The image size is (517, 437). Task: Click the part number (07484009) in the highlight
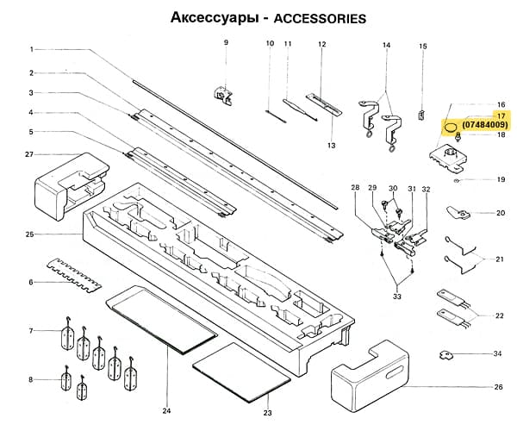[x=485, y=126]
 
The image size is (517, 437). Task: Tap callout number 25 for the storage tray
[x=29, y=234]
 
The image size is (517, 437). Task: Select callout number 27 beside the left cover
[x=28, y=155]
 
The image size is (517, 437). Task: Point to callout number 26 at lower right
[x=498, y=387]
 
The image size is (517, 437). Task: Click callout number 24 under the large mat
[x=166, y=410]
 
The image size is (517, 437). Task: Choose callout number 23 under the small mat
[x=267, y=415]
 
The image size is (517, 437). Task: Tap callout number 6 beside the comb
[x=30, y=282]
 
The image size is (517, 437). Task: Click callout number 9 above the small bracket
[x=226, y=42]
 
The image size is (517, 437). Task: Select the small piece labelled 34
[x=448, y=354]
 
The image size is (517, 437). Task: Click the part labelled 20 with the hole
[x=457, y=211]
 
